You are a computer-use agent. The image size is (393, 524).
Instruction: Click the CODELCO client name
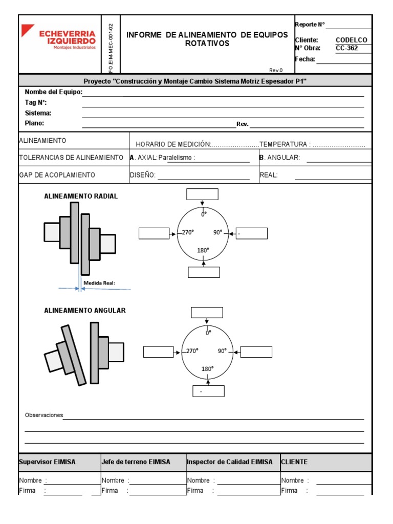351,40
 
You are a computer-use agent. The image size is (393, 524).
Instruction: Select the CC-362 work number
347,49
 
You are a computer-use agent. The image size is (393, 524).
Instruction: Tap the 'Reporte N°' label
310,25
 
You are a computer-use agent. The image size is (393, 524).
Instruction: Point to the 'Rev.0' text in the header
276,70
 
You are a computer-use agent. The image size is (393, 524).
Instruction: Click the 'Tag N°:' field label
36,103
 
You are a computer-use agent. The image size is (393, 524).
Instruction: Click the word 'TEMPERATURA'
284,144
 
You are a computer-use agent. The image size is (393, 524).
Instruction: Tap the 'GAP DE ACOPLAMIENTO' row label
57,175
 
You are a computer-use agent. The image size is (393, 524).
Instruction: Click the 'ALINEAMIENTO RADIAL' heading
81,196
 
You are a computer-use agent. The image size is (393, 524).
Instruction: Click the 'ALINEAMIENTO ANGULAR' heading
85,311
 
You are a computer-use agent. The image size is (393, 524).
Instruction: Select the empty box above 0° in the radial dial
203,194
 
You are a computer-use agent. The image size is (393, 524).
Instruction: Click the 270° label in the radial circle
188,232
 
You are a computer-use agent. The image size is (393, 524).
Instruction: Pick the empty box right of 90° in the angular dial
256,352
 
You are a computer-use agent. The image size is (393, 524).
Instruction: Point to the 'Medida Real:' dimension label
103,282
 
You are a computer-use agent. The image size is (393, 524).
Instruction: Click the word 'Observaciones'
44,415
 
